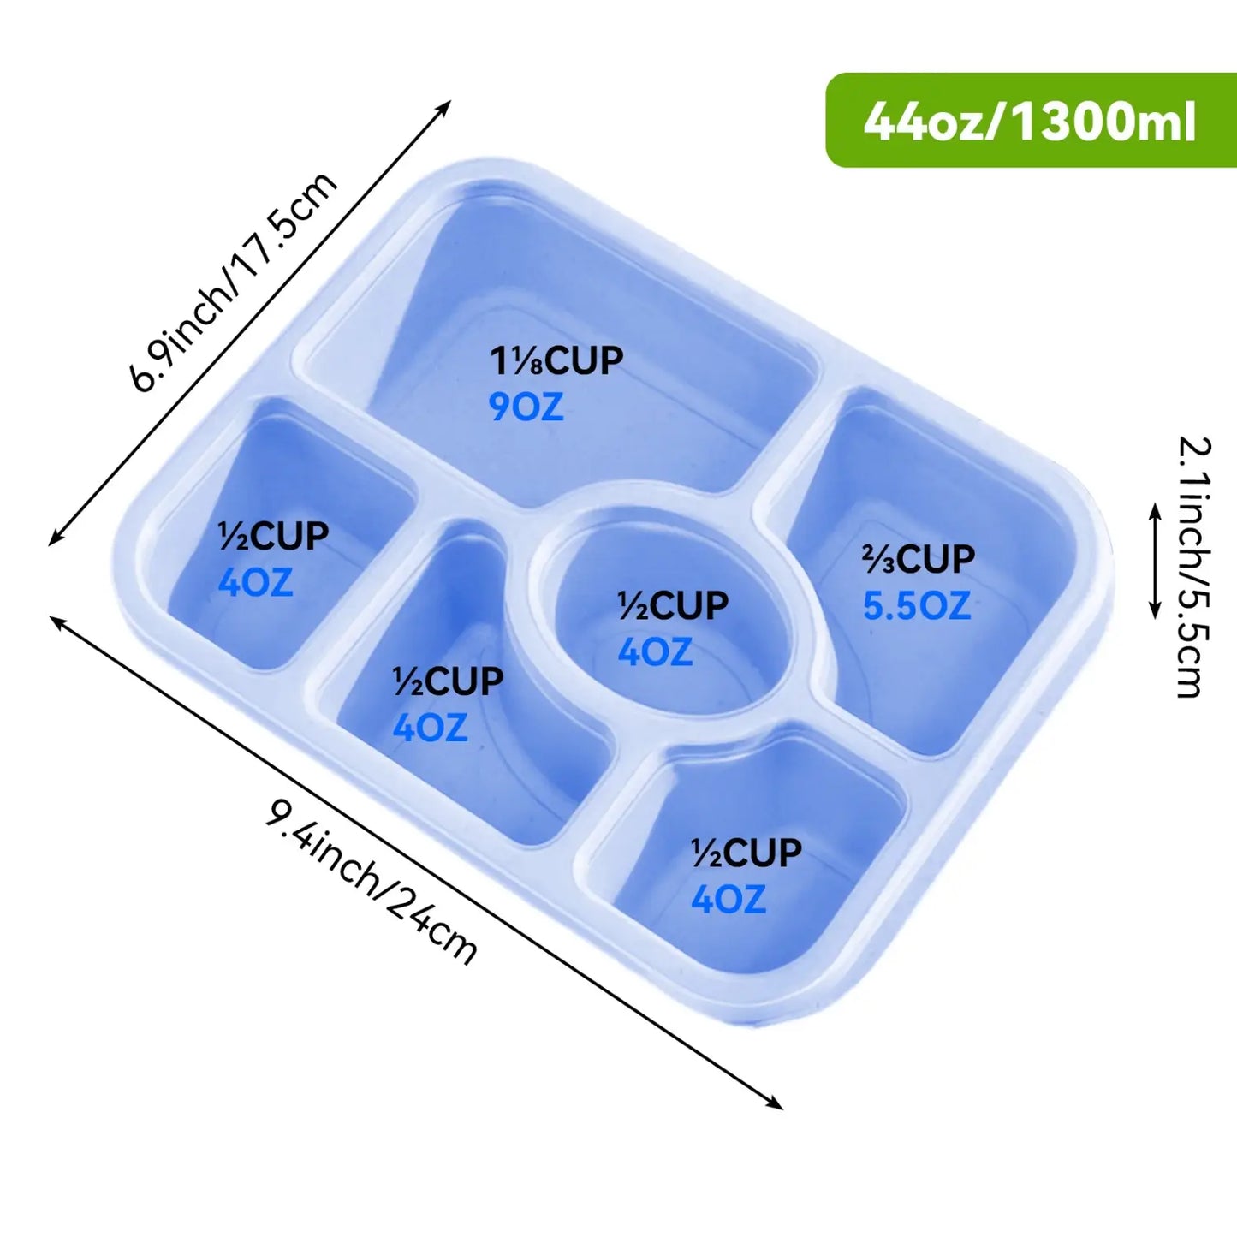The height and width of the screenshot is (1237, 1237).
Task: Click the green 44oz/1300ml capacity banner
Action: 1031,120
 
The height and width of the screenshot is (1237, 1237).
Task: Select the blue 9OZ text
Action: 526,407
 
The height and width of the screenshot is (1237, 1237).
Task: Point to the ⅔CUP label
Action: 918,558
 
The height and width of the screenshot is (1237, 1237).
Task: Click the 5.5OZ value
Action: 917,605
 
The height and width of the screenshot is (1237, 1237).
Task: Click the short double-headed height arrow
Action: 1155,561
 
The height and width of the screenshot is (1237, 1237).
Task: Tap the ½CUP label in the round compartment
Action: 673,605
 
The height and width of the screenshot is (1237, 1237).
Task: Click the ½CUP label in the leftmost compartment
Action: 273,536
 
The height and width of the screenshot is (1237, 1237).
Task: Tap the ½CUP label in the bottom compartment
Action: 746,853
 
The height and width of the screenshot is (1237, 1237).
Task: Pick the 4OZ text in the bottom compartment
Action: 729,900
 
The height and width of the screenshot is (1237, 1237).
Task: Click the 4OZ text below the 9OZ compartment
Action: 430,728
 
